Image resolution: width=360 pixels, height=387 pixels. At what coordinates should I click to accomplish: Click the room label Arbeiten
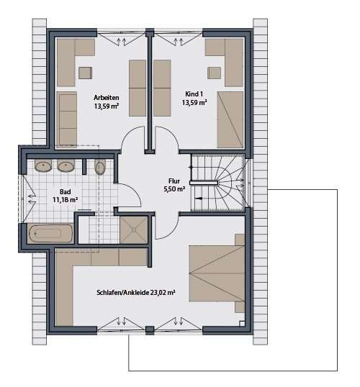(106, 97)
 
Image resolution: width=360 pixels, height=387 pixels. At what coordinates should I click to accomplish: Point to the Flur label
(174, 181)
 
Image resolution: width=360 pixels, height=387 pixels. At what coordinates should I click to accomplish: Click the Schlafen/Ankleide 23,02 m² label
(135, 293)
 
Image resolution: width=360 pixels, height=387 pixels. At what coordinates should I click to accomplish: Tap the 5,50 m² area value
(174, 190)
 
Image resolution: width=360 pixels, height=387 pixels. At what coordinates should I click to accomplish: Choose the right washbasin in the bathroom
(67, 166)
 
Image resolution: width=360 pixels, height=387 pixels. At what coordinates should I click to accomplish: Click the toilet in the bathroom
(101, 168)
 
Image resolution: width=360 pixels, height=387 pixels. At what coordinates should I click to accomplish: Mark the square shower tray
(133, 229)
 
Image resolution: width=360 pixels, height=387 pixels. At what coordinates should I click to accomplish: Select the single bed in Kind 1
(231, 119)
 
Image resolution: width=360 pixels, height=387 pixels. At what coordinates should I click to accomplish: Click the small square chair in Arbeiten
(86, 70)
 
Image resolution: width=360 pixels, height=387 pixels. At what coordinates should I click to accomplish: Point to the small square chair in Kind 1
(214, 71)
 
